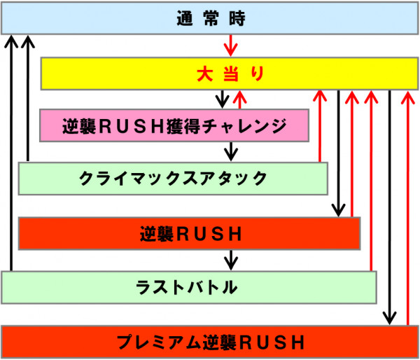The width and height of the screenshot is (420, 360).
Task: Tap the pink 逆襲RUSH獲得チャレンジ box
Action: point(175,126)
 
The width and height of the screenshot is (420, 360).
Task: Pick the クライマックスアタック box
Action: point(173,179)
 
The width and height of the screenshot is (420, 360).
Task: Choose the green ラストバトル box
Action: point(189,287)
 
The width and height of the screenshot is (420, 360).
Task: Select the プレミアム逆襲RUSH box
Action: point(210,342)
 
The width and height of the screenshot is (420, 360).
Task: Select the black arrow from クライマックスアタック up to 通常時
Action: point(28,98)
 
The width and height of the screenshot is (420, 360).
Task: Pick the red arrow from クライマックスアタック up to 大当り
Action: point(320,126)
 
